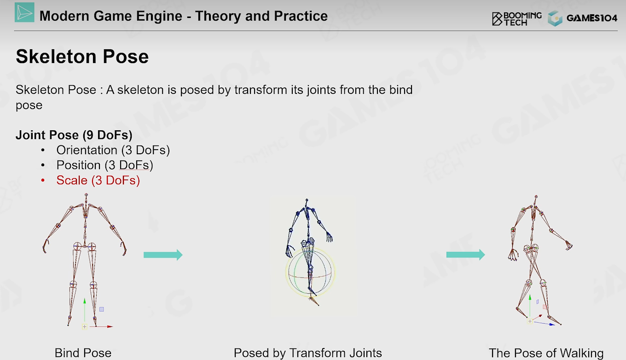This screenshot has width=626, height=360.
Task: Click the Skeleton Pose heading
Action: (x=82, y=57)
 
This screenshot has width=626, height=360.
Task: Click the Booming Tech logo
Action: (x=517, y=19)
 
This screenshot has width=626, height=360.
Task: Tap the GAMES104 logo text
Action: (x=591, y=18)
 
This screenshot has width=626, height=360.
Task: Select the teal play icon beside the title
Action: (x=24, y=12)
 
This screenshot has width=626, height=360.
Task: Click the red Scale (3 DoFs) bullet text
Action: (x=98, y=180)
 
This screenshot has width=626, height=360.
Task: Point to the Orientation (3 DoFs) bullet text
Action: (x=113, y=150)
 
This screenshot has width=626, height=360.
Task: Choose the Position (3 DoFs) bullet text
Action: (x=105, y=165)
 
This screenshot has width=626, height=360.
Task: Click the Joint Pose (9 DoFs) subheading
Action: (x=74, y=135)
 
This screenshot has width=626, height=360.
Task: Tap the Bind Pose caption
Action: (x=83, y=353)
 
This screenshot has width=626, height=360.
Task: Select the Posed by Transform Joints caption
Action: (x=307, y=353)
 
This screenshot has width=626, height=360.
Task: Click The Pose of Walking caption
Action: (x=546, y=353)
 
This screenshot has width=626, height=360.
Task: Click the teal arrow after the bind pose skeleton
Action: (x=163, y=255)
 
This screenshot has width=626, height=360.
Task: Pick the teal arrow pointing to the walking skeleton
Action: (x=466, y=255)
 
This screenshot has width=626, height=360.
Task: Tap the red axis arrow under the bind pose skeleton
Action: (x=101, y=326)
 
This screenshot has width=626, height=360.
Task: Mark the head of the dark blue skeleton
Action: (x=307, y=200)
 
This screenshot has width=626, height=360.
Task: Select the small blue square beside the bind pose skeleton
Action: (x=102, y=309)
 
